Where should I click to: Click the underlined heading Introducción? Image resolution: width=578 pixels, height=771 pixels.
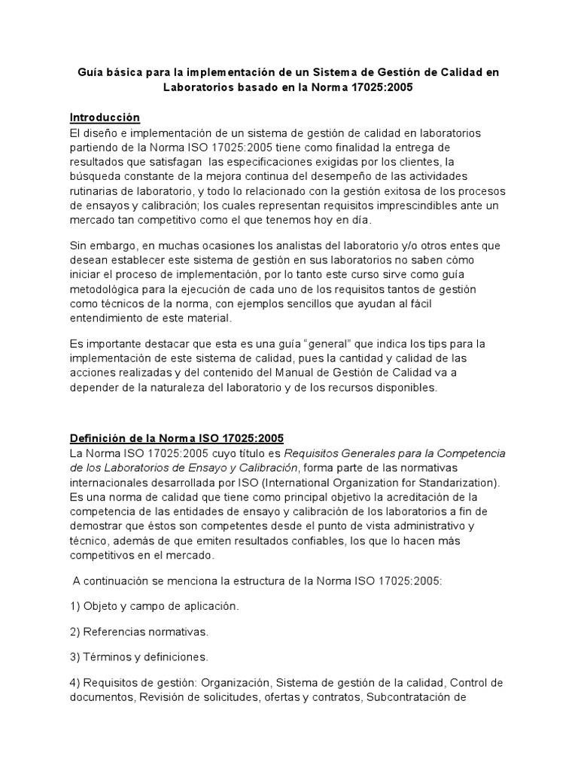pos(105,117)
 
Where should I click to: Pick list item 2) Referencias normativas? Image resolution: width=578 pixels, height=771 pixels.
pos(139,631)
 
